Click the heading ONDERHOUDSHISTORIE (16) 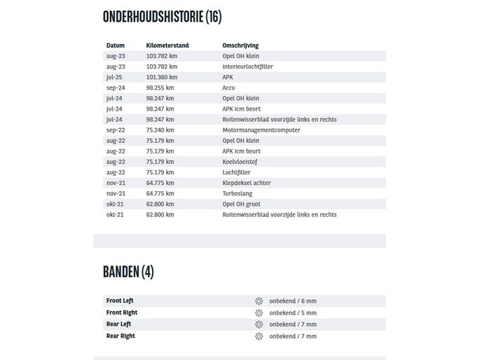[162, 17]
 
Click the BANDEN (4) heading [128, 272]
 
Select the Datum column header [116, 46]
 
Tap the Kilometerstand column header [167, 46]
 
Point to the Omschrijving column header [240, 46]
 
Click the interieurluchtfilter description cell [247, 67]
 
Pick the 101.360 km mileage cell [162, 77]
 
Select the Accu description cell [229, 88]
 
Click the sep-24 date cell [116, 88]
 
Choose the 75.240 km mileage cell [160, 130]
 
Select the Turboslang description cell [238, 193]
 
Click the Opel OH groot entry [241, 204]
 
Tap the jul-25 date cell [114, 77]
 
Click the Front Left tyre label [120, 300]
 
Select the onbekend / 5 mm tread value [293, 313]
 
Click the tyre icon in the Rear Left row [259, 324]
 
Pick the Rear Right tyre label [121, 336]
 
